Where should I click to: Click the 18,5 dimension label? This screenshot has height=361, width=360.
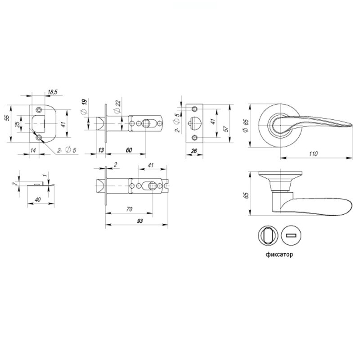[x=53, y=92]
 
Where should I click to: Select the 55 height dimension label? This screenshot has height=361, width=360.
[x=8, y=118]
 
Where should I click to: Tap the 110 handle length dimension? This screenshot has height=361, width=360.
[x=313, y=153]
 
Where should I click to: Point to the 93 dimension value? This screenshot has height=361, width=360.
[x=139, y=221]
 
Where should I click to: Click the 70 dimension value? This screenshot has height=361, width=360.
[x=129, y=209]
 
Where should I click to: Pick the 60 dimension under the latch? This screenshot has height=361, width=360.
[x=129, y=150]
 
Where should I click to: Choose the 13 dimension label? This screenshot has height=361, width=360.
[x=101, y=150]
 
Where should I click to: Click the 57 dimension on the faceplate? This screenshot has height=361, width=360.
[x=226, y=129]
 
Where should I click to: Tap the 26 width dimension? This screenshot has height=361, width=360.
[x=194, y=151]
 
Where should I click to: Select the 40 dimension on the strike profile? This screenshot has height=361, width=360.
[x=37, y=199]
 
